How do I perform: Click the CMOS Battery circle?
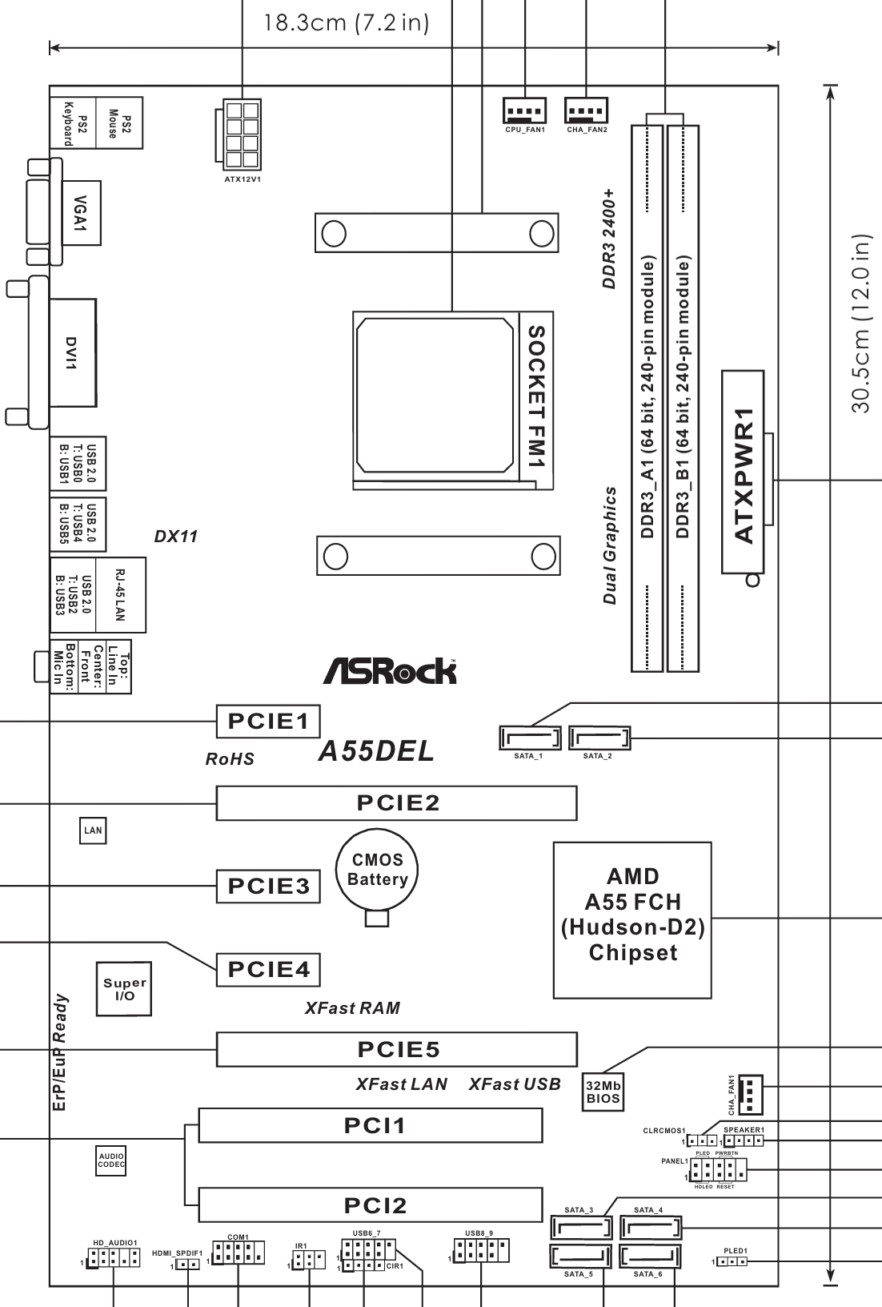click(x=377, y=870)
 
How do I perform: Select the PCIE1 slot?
click(x=268, y=722)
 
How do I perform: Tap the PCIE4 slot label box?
click(x=268, y=970)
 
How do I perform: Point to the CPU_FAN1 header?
click(x=525, y=110)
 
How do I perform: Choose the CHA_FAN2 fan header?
click(x=587, y=110)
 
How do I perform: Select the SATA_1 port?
click(x=529, y=737)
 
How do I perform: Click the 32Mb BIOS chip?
click(x=603, y=1092)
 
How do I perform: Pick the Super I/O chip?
click(x=124, y=989)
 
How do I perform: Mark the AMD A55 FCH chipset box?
click(x=632, y=919)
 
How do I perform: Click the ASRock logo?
click(x=390, y=671)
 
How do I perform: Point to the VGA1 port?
click(x=81, y=212)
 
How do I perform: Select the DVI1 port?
click(x=72, y=352)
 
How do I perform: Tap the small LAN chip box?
click(x=93, y=830)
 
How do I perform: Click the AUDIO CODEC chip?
click(x=110, y=1162)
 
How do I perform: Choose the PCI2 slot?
click(x=371, y=1205)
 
